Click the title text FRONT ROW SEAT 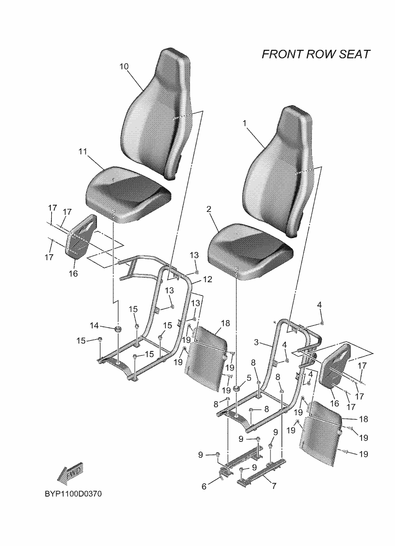click(315, 54)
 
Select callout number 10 click(124, 66)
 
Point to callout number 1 click(245, 123)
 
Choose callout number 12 click(207, 280)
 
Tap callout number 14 click(94, 325)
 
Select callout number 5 click(249, 378)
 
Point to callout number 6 click(204, 486)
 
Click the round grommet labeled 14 click(118, 329)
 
